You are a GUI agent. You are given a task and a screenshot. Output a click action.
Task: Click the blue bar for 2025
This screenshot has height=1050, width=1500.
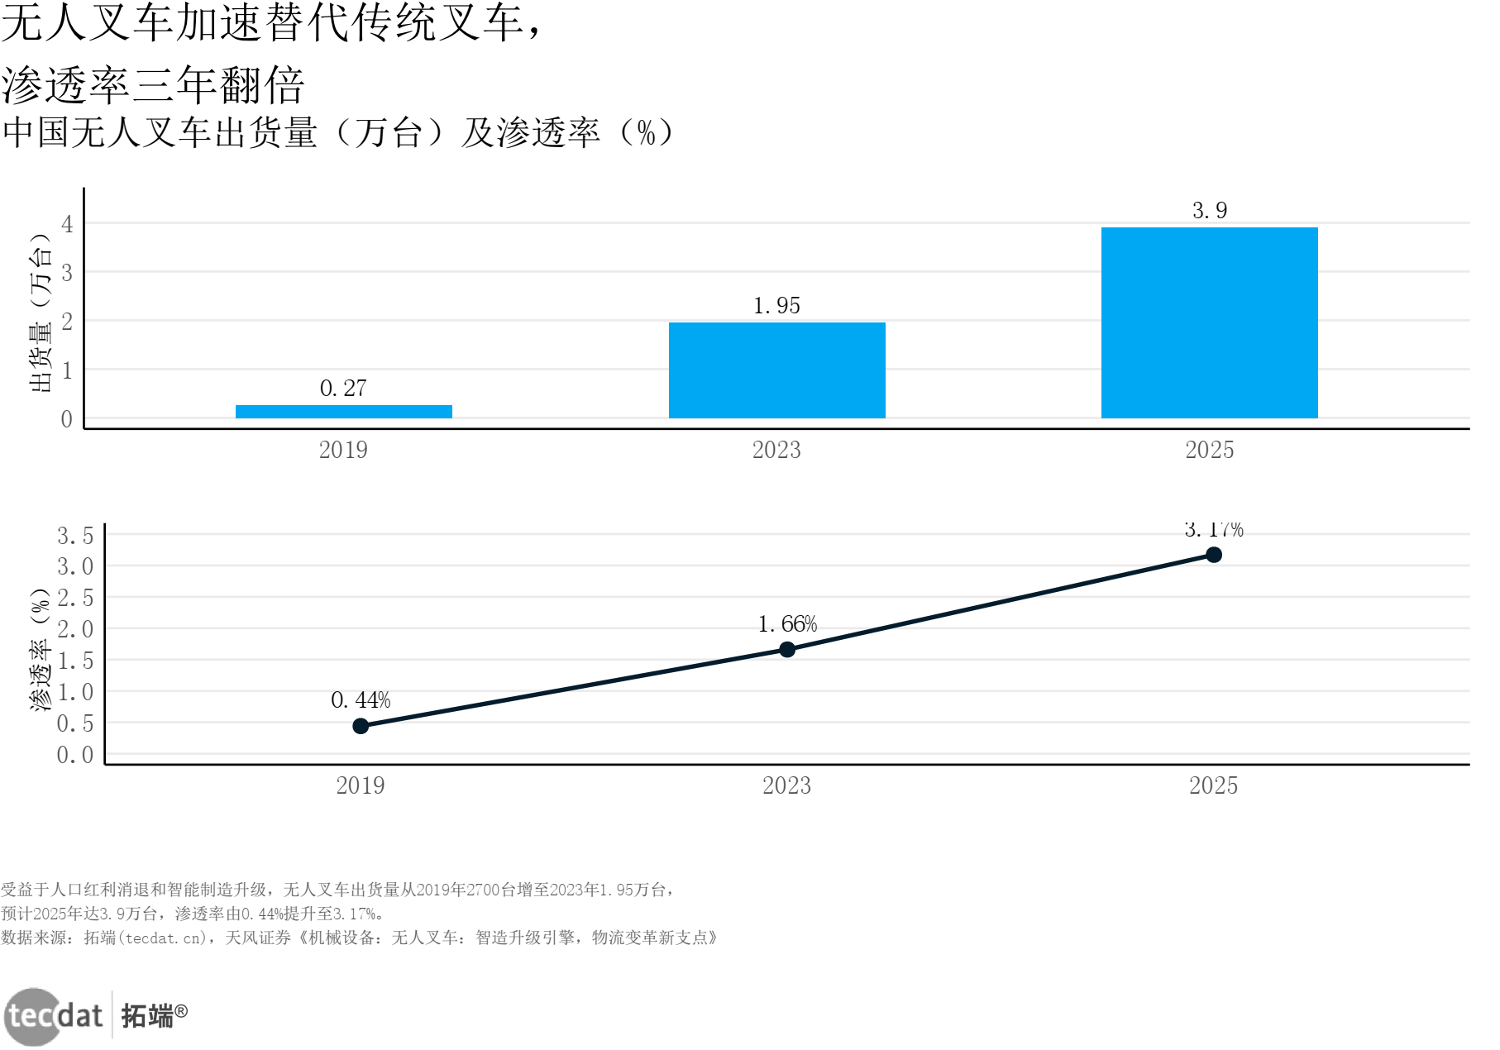click(x=1209, y=322)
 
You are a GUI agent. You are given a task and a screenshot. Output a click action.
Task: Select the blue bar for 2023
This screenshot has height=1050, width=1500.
click(x=776, y=370)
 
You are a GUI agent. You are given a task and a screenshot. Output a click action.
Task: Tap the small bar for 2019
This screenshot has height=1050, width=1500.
click(x=343, y=412)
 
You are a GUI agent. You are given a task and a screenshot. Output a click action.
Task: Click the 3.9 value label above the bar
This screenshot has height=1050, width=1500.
click(x=1209, y=211)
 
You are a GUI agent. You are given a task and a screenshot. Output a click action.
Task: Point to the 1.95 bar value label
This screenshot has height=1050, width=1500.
click(x=776, y=306)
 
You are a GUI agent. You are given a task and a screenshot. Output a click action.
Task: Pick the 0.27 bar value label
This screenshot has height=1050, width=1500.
click(x=343, y=389)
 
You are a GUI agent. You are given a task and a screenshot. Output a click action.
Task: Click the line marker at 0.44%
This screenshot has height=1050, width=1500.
click(x=361, y=726)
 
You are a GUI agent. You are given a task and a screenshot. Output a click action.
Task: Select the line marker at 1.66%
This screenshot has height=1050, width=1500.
click(x=787, y=650)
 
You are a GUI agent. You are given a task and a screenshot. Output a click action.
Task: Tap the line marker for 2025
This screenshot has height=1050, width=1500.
click(x=1213, y=555)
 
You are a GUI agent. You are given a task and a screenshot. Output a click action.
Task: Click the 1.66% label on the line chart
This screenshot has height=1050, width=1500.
click(x=787, y=624)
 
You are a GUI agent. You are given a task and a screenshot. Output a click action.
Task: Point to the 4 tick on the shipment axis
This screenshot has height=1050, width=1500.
click(x=67, y=224)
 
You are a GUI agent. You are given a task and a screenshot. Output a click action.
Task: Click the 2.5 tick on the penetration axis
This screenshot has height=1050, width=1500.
click(x=75, y=598)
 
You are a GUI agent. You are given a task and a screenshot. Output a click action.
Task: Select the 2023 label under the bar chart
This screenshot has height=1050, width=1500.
click(x=776, y=451)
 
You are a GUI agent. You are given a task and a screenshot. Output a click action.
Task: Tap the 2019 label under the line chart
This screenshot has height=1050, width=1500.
click(x=361, y=785)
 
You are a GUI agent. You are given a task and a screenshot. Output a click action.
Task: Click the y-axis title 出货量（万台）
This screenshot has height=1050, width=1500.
click(x=41, y=313)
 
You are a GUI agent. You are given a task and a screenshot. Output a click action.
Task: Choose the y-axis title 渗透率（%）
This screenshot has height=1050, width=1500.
click(x=41, y=650)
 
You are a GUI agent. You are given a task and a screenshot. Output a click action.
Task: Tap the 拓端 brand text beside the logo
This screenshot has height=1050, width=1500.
click(x=148, y=1016)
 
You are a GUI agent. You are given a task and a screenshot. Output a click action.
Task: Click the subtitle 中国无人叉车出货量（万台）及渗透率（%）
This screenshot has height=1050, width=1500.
click(x=339, y=133)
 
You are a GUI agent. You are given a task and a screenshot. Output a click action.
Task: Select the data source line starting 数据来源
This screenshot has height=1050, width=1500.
click(x=359, y=938)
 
